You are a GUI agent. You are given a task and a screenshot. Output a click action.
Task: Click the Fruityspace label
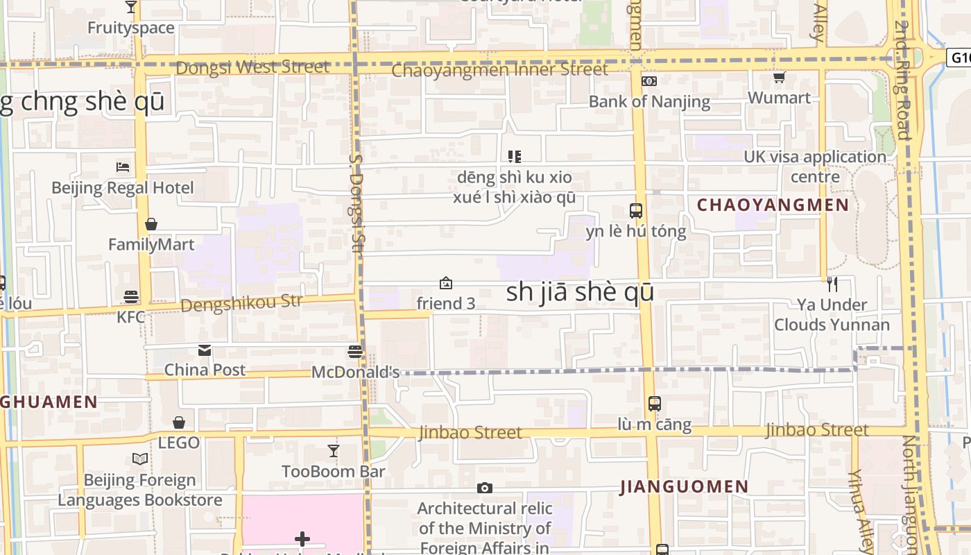pos(131,28)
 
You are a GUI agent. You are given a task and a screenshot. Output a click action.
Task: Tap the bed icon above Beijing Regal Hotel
pos(123,166)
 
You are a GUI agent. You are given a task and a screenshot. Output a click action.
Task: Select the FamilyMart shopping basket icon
pos(151,224)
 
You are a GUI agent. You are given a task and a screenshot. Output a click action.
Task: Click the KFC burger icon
pos(131,297)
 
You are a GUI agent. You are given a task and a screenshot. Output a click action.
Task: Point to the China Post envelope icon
pos(205,350)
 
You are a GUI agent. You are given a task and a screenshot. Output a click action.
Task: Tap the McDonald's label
pos(355,372)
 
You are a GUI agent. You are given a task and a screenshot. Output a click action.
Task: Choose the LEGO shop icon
pos(179,422)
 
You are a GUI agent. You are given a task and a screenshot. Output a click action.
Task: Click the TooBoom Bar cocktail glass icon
pos(334,451)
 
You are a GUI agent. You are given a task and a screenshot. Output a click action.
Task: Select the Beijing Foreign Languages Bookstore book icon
pos(140,459)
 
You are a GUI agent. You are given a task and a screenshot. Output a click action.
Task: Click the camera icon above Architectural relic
pos(485,488)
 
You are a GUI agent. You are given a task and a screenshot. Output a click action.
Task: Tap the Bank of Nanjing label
pos(649,101)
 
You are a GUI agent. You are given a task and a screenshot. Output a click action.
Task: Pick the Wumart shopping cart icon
pos(780,78)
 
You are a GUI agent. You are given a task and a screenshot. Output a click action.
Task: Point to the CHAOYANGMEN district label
pos(773,205)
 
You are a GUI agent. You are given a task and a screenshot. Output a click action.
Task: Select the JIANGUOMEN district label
pos(685,486)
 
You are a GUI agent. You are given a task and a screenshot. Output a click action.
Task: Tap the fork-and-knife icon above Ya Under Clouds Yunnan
pos(832,284)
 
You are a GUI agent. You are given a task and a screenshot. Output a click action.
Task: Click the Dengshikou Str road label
pos(241,304)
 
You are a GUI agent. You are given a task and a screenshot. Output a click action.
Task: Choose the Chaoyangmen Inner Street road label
pos(499,70)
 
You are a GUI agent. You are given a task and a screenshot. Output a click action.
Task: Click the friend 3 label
pos(446,303)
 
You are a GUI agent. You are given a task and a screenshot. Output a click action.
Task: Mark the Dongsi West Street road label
pos(252,67)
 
